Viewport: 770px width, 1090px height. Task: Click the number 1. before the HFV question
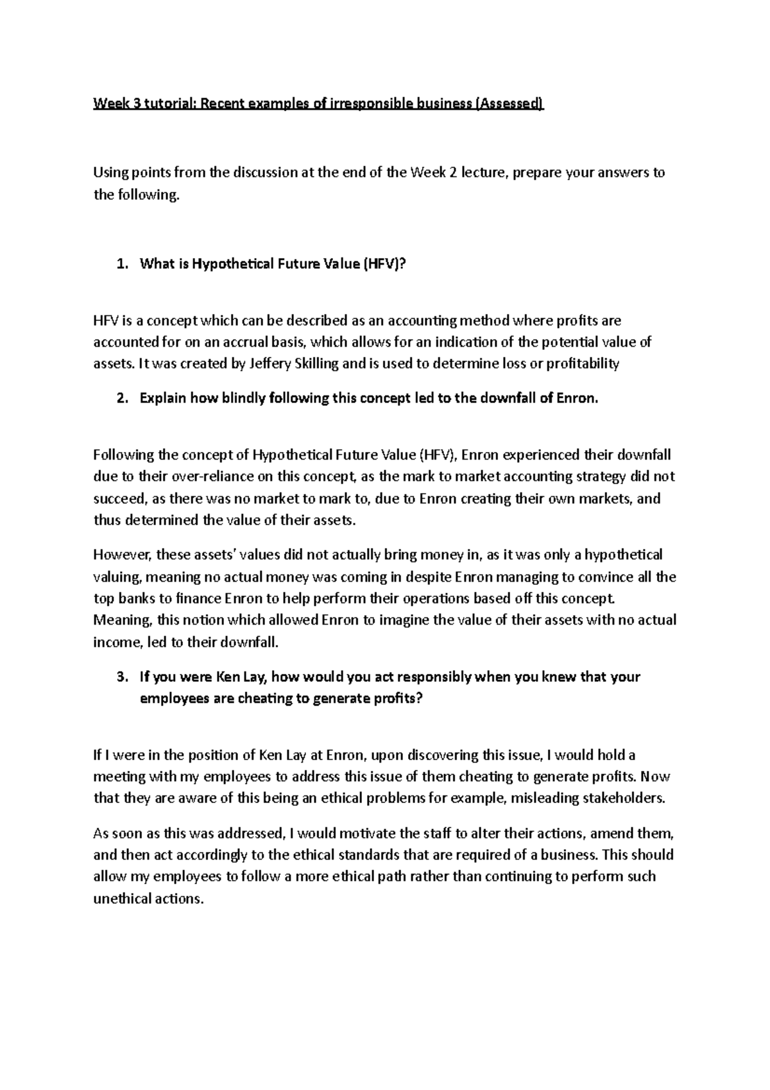[x=123, y=263]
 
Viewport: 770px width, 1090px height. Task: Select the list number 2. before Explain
[x=123, y=398]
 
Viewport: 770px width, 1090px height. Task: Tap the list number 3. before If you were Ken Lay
[x=123, y=677]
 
